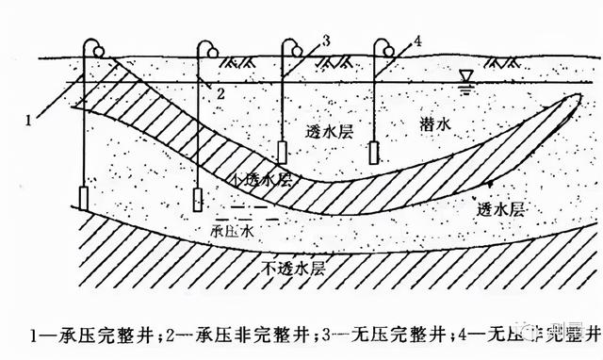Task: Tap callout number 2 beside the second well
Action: [220, 93]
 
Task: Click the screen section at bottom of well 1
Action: [83, 198]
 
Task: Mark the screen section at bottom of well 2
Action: [199, 200]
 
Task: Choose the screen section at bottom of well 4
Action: [374, 151]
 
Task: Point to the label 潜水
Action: [439, 126]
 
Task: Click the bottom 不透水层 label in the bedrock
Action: [290, 270]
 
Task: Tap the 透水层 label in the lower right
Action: [498, 208]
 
